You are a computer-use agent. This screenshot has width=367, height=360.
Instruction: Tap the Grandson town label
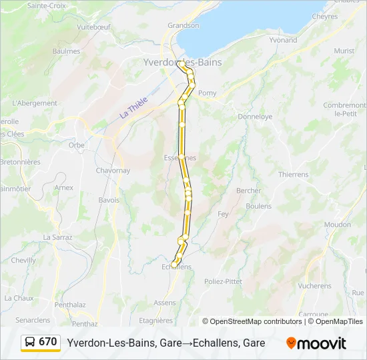click(x=183, y=25)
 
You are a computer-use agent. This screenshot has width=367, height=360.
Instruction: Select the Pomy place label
click(x=208, y=93)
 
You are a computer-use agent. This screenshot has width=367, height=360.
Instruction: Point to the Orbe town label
click(x=76, y=145)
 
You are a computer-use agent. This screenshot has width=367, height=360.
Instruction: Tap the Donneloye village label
click(x=255, y=116)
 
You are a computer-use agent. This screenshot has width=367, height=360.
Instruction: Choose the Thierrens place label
click(x=294, y=174)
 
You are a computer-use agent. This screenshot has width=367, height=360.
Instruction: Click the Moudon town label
click(x=337, y=225)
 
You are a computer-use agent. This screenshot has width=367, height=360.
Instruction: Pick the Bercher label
click(x=248, y=191)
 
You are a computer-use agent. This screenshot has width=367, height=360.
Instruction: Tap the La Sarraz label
click(x=56, y=237)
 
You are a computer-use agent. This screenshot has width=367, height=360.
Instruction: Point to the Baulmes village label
click(x=66, y=51)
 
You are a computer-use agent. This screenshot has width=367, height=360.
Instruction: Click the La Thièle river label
click(x=133, y=109)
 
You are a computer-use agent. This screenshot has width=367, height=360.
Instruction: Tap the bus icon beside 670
click(x=30, y=342)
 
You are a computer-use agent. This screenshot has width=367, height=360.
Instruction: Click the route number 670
click(x=48, y=342)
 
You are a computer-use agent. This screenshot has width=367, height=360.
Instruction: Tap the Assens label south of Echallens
click(x=164, y=302)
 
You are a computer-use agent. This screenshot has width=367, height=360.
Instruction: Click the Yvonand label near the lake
click(x=283, y=40)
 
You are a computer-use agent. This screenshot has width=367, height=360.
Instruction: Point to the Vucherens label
click(x=314, y=286)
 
